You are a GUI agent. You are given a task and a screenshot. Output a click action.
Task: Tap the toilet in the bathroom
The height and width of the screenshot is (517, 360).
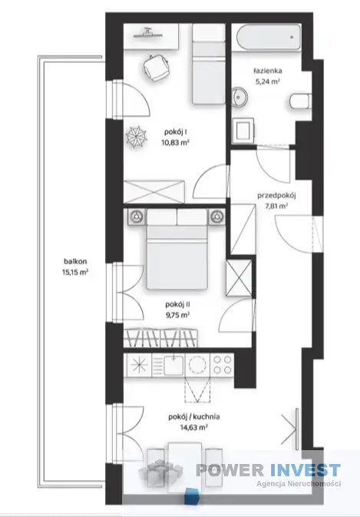pos(300,101)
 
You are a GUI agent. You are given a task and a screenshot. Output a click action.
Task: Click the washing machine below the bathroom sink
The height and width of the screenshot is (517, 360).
pos(243,131)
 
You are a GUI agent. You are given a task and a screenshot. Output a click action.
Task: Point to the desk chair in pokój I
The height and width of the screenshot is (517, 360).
pos(156,68)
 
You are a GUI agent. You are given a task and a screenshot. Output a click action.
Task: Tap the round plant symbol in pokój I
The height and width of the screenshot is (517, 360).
pos(137,138)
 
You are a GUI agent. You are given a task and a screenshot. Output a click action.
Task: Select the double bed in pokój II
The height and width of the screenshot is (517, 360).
pos(177,249)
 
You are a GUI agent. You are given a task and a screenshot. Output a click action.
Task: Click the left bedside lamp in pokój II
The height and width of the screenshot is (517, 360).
pos(136,217)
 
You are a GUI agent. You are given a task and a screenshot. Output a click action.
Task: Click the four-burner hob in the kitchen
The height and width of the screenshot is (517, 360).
pos(223,365)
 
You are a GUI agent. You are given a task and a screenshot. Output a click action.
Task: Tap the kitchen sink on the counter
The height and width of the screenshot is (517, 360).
pos(173,365)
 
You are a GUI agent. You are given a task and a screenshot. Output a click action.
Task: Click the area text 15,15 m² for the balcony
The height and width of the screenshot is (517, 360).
pos(75,273)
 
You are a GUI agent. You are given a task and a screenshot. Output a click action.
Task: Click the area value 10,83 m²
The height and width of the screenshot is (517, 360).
pos(177,143)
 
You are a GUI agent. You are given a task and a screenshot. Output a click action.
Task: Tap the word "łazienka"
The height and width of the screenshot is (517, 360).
pos(267,71)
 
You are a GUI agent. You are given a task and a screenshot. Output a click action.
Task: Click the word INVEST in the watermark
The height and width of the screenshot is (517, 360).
pos(305,470)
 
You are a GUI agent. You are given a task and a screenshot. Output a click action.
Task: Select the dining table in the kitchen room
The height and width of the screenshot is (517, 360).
pos(185,465)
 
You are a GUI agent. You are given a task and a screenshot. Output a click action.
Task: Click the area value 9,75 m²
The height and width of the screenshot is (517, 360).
pos(177,315)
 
